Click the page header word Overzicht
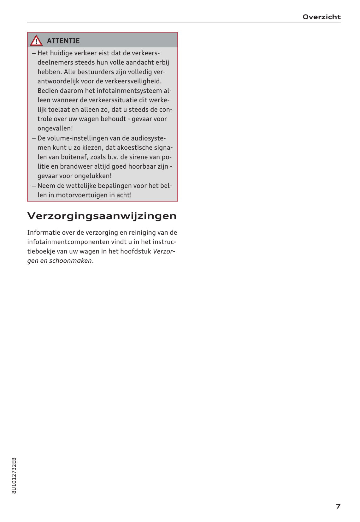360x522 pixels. tap(322, 17)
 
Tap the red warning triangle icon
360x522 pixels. tap(36, 41)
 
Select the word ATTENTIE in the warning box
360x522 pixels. tap(63, 41)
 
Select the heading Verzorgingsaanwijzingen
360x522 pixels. tap(102, 216)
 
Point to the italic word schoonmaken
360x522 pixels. tap(70, 261)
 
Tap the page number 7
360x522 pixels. tap(338, 506)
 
